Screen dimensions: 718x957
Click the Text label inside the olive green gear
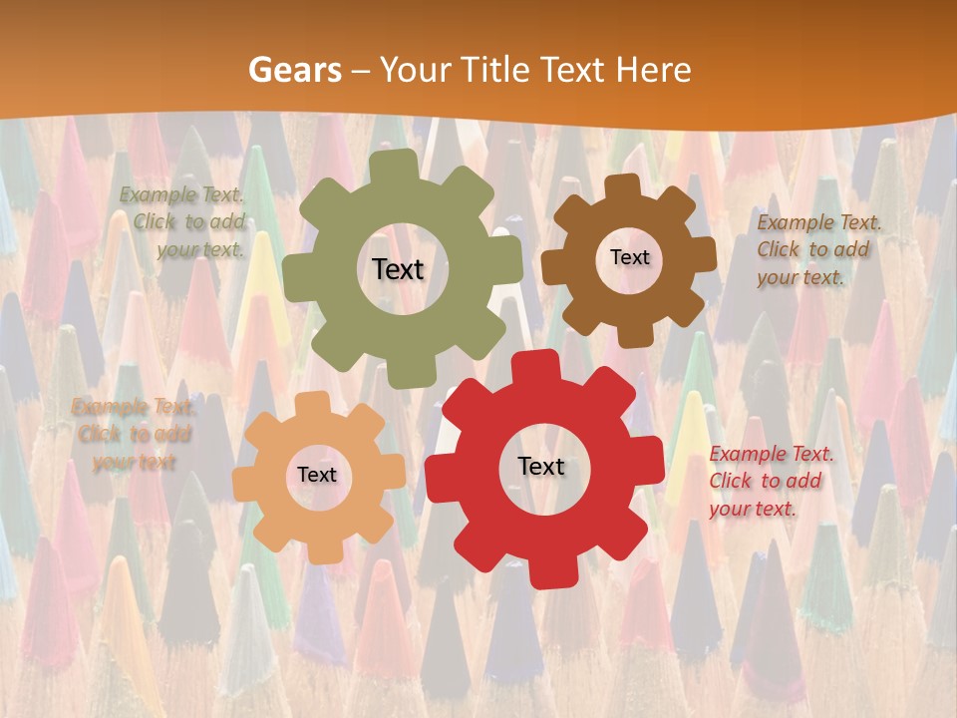398,269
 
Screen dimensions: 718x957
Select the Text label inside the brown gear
629,257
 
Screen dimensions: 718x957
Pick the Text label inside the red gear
541,466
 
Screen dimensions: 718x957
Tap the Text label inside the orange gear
317,475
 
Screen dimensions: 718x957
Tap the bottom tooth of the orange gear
320,549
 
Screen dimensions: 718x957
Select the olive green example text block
183,222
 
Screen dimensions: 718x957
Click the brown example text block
813,249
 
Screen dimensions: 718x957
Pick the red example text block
768,481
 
